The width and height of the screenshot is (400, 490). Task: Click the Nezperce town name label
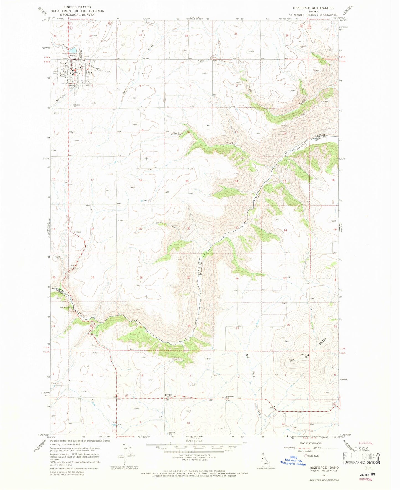[x=98, y=68]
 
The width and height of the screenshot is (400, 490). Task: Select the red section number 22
[x=189, y=229]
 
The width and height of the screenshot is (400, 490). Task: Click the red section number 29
[x=92, y=277]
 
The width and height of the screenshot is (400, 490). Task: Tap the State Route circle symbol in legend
[x=306, y=456]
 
